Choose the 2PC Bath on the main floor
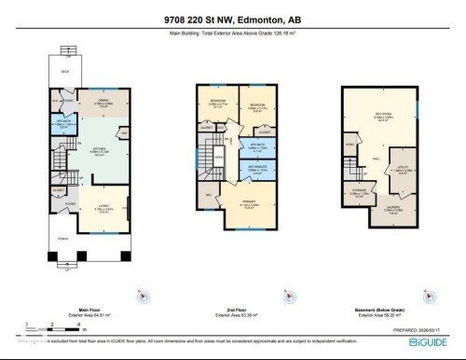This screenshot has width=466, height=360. [62, 124]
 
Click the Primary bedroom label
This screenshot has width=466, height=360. [249, 206]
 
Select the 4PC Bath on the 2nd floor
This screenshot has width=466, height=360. [253, 145]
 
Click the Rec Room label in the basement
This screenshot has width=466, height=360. [382, 117]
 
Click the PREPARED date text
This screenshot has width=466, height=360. [418, 327]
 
